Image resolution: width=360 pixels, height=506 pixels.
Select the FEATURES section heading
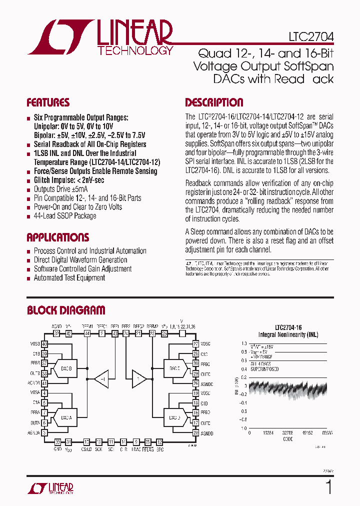click(x=48, y=103)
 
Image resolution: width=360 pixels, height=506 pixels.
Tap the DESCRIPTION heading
click(x=214, y=103)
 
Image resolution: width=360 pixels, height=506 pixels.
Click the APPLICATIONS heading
click(x=57, y=237)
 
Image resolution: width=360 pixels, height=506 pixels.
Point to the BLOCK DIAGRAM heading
click(x=66, y=310)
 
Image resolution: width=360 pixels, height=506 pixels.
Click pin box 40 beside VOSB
click(x=44, y=344)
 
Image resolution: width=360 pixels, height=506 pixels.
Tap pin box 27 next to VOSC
click(x=196, y=344)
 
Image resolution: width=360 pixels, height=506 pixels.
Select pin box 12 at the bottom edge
click(x=159, y=442)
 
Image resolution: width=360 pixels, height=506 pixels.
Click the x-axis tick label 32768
click(x=286, y=433)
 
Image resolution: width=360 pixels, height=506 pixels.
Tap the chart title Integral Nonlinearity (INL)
click(x=287, y=334)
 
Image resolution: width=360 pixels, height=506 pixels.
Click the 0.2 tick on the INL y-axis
click(x=243, y=377)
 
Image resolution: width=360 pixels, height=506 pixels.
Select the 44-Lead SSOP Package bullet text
click(x=65, y=216)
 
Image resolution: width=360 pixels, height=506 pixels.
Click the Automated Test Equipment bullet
click(x=69, y=278)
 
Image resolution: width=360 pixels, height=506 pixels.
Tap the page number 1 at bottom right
click(x=328, y=486)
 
